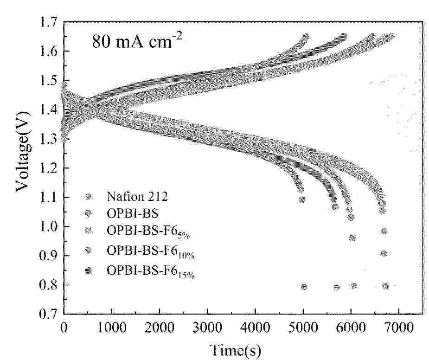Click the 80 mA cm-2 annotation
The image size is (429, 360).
(x=136, y=41)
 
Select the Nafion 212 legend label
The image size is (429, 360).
(x=137, y=197)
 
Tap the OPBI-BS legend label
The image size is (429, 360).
(x=133, y=213)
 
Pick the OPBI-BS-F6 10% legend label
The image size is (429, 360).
(x=150, y=251)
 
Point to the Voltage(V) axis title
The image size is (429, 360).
(x=23, y=152)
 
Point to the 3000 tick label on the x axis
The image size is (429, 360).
(x=207, y=328)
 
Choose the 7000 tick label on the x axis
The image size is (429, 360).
(x=399, y=328)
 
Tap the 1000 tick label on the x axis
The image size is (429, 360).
(x=112, y=328)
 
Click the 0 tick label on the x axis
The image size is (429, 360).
(x=64, y=328)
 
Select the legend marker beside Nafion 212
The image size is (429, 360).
(x=89, y=197)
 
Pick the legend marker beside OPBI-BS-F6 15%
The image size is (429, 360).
(x=89, y=270)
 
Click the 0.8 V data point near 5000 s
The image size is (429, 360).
(x=304, y=287)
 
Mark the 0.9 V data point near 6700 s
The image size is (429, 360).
(x=384, y=253)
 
